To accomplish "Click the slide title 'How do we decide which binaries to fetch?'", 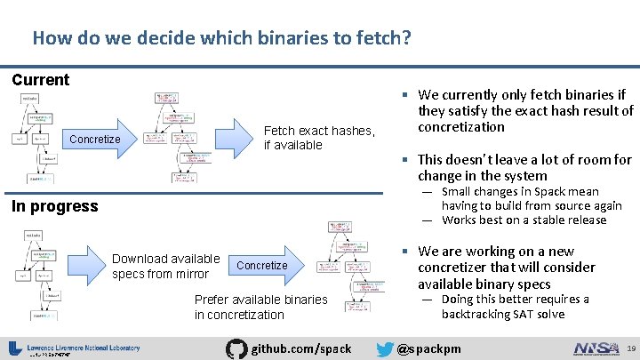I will point(221,38).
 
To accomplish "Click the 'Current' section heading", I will point(40,80).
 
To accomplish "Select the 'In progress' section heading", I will point(54,206).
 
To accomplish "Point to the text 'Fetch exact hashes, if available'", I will point(319,138).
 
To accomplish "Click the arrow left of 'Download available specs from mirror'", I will point(87,266).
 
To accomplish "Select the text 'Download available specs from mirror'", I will point(165,267).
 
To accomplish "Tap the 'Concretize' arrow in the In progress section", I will point(263,265).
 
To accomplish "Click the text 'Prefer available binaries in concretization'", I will point(260,307).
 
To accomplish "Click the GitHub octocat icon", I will point(236,348).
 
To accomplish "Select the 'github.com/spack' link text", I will point(302,348).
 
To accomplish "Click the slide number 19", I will point(628,348).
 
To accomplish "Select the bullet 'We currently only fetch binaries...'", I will point(524,110).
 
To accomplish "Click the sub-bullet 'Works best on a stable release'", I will point(510,220).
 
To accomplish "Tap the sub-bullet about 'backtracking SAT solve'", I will point(515,307).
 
